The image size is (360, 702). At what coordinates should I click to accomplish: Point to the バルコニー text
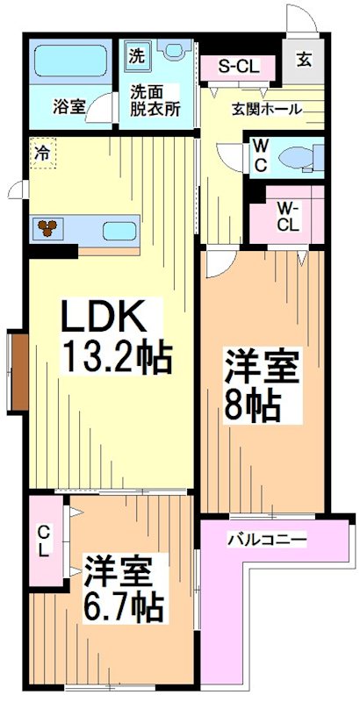pyautogui.click(x=267, y=538)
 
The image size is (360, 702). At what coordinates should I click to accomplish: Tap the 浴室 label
pyautogui.click(x=68, y=107)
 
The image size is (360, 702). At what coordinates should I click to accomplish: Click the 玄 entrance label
pyautogui.click(x=303, y=60)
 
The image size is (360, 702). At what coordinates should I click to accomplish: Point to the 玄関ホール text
pyautogui.click(x=267, y=110)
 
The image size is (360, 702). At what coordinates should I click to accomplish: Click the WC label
pyautogui.click(x=261, y=155)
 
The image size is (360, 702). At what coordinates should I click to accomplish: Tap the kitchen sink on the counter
pyautogui.click(x=118, y=232)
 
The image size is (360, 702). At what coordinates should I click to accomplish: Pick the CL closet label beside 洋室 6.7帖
pyautogui.click(x=43, y=541)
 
